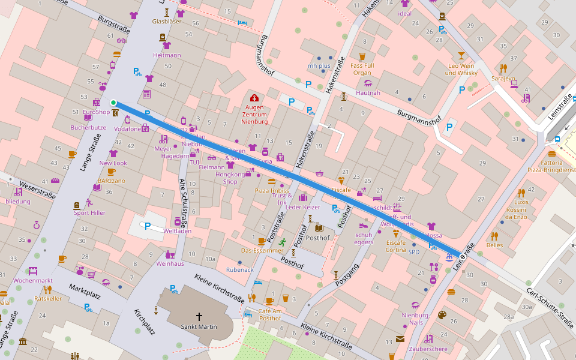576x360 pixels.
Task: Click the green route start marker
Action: [113, 103]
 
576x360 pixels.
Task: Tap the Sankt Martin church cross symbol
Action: [199, 316]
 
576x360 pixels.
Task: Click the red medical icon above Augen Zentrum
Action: [254, 98]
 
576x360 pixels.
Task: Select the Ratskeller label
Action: [48, 298]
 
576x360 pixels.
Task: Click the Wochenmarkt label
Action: [33, 280]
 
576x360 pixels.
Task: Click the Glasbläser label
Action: [167, 21]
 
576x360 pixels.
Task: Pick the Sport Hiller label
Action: [89, 212]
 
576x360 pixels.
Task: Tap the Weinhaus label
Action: [170, 263]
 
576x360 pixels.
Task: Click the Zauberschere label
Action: [428, 349]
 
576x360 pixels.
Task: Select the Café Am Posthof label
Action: [269, 314]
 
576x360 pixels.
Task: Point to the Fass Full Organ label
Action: [362, 69]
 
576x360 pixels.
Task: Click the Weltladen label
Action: [177, 230]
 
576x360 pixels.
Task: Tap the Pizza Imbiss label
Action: [272, 190]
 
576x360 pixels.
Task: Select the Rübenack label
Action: [239, 270]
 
